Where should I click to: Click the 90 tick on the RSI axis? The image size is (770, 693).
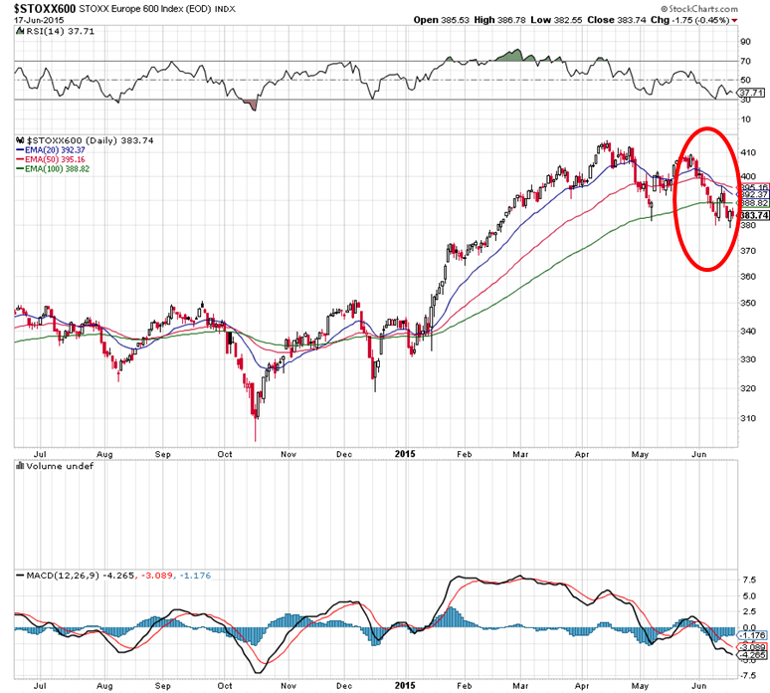click(744, 42)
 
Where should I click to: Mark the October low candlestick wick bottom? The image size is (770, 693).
click(256, 441)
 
